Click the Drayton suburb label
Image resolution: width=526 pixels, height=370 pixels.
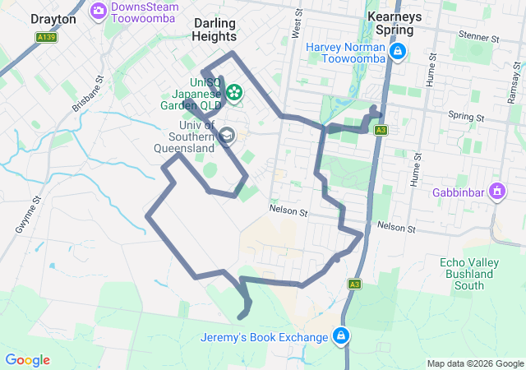[53, 18]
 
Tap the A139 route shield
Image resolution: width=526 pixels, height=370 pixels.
[47, 37]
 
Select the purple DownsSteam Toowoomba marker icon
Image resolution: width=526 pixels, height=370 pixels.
[99, 10]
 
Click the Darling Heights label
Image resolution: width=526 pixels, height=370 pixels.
[215, 30]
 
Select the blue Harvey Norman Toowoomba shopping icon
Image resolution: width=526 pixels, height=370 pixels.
[398, 53]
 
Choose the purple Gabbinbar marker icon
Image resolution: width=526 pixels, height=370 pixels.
[497, 192]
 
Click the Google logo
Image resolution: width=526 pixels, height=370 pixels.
[27, 360]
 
